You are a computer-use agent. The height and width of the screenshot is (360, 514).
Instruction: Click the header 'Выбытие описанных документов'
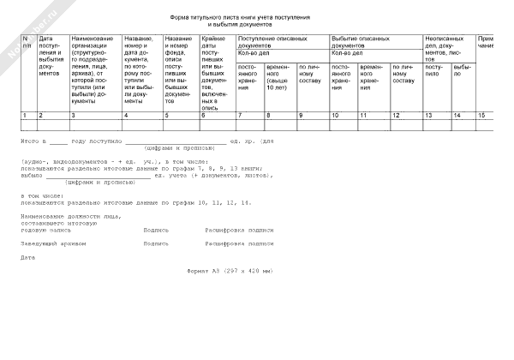374,42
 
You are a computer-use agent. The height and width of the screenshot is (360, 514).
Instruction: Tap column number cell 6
204,115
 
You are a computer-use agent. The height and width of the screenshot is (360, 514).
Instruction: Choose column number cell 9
301,115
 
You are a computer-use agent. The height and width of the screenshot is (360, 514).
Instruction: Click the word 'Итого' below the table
32,140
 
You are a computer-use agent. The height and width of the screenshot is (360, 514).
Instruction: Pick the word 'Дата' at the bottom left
28,257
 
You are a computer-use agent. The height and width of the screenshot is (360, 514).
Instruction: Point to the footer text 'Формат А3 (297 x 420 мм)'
230,271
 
